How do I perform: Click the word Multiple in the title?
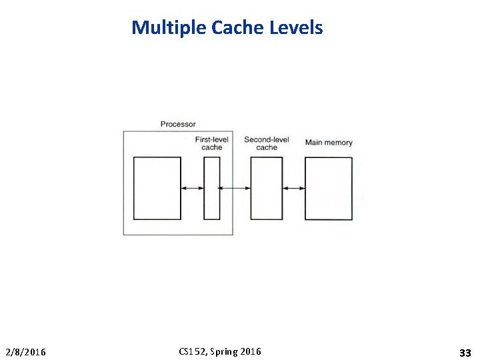[169, 28]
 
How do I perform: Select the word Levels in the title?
[296, 28]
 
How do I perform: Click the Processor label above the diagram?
[178, 124]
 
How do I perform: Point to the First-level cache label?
[212, 143]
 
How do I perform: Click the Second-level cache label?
[266, 143]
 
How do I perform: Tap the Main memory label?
[329, 143]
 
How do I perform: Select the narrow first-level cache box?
[212, 188]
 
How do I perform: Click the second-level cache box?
[266, 188]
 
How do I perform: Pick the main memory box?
[329, 189]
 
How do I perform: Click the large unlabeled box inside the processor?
[157, 188]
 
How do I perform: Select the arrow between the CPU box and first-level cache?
[193, 188]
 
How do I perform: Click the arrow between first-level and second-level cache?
[235, 188]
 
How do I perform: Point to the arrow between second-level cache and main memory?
[294, 188]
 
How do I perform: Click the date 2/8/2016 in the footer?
[26, 352]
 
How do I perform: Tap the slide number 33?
[465, 353]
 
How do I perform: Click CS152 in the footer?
[192, 351]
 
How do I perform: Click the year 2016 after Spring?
[251, 351]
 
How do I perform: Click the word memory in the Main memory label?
[338, 143]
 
